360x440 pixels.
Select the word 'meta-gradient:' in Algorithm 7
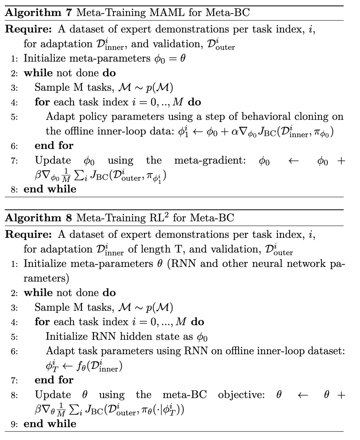pos(210,160)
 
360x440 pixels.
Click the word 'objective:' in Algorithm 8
pos(241,395)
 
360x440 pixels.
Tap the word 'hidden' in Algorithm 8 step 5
pos(135,336)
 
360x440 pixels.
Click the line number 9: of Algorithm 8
pos(14,424)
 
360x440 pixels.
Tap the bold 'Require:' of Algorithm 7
pos(29,29)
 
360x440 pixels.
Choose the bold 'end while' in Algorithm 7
pos(50,189)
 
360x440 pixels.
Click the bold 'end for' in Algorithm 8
pos(54,380)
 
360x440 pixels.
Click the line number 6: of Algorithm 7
pos(14,146)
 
